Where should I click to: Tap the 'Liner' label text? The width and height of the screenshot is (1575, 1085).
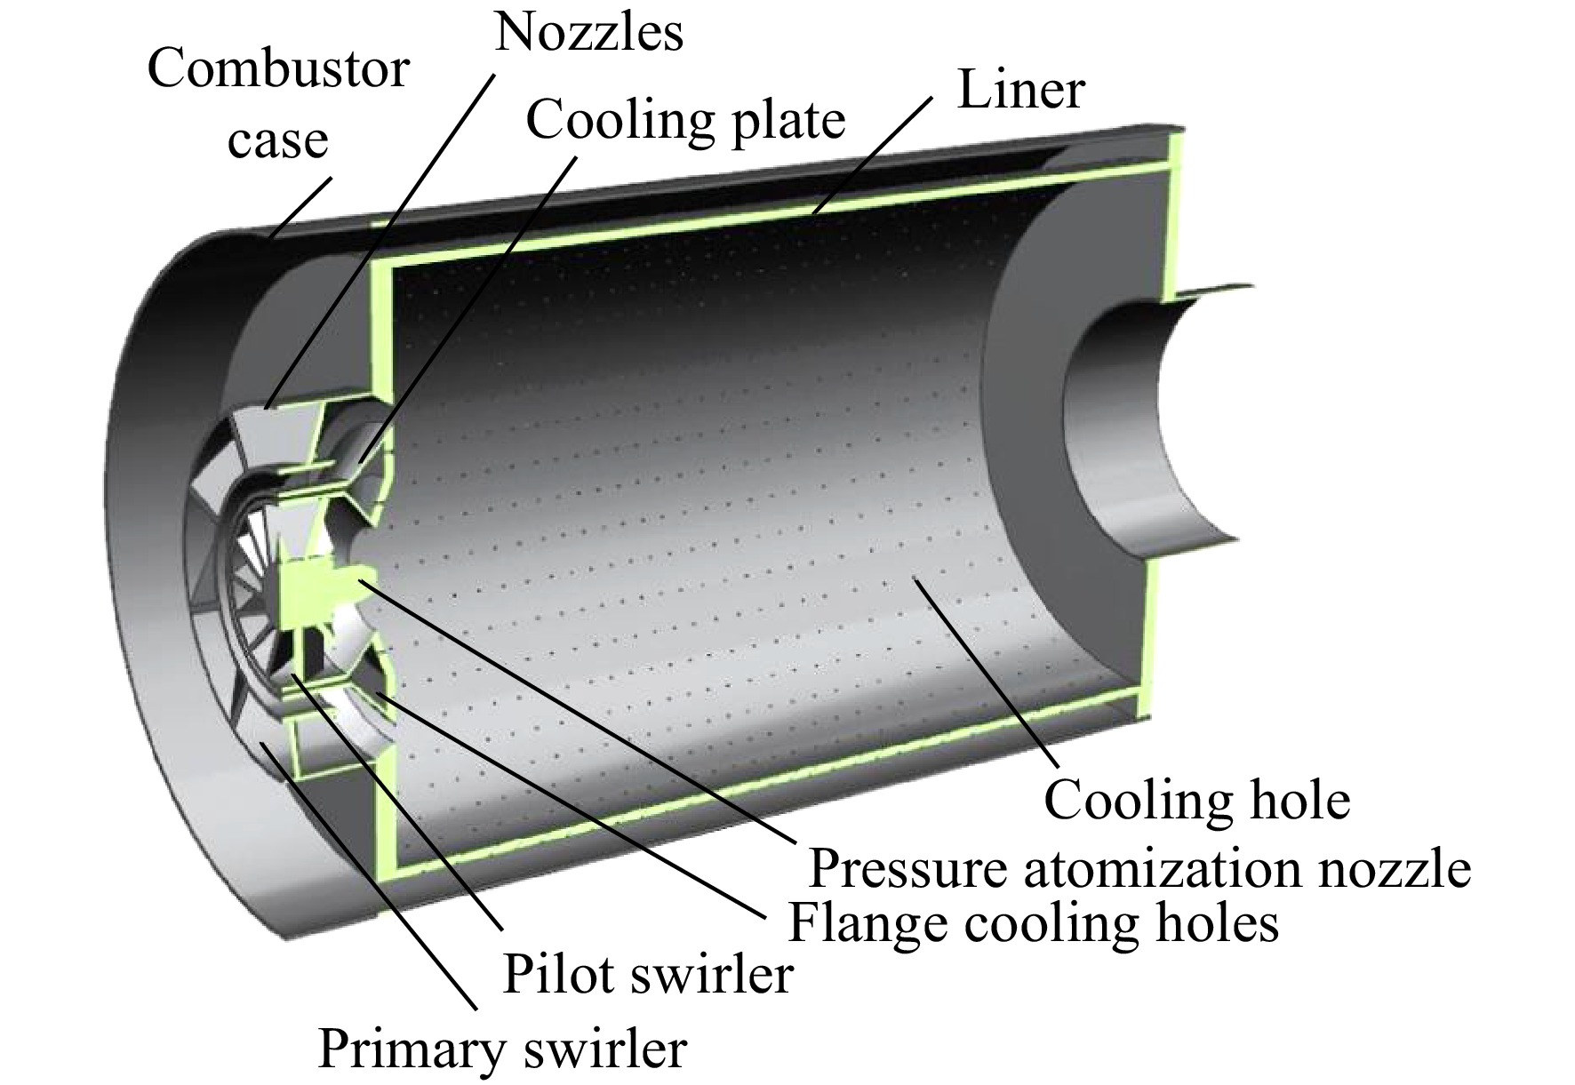(x=1020, y=90)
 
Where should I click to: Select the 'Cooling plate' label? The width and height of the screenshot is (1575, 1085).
(x=685, y=121)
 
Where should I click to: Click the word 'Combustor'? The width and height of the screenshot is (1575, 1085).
(x=278, y=68)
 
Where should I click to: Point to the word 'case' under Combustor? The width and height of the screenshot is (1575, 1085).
(x=278, y=141)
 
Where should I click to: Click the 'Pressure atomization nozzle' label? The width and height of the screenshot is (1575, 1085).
(x=1139, y=868)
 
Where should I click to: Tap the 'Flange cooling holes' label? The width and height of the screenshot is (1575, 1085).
(x=1034, y=922)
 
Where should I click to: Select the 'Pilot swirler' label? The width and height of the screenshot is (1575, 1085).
(x=647, y=975)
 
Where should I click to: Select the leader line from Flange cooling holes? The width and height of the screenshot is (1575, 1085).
(x=572, y=804)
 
